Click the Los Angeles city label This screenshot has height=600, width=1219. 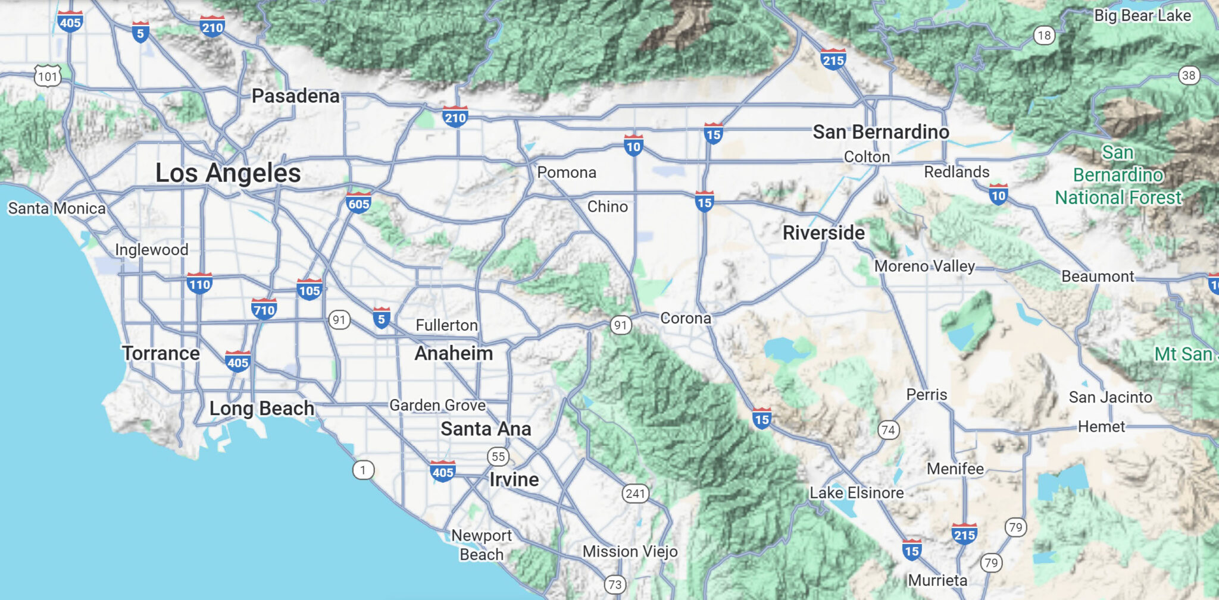click(x=228, y=173)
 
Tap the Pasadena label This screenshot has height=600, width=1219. click(x=295, y=96)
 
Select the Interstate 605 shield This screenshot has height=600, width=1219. click(x=358, y=203)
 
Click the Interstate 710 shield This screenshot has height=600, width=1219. click(x=264, y=309)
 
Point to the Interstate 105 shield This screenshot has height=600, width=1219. click(x=309, y=290)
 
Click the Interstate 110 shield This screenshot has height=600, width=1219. click(x=199, y=284)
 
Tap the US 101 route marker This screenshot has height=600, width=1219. click(x=48, y=76)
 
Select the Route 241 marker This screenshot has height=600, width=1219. click(x=635, y=493)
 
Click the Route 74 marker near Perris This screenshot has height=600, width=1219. click(x=888, y=429)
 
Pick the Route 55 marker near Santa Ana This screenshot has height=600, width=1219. click(x=498, y=457)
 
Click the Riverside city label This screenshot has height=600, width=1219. click(x=823, y=233)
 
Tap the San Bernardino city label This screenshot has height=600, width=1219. click(x=881, y=132)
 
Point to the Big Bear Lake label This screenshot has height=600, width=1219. click(x=1142, y=15)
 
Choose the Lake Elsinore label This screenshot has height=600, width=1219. click(x=857, y=492)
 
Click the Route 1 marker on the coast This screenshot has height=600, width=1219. click(x=363, y=470)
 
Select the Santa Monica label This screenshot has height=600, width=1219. click(x=57, y=208)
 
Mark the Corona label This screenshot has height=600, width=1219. click(x=686, y=318)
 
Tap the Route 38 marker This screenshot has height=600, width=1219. click(x=1188, y=76)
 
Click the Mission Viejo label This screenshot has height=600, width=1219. click(x=630, y=551)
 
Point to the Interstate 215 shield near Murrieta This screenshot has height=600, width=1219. click(x=964, y=534)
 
